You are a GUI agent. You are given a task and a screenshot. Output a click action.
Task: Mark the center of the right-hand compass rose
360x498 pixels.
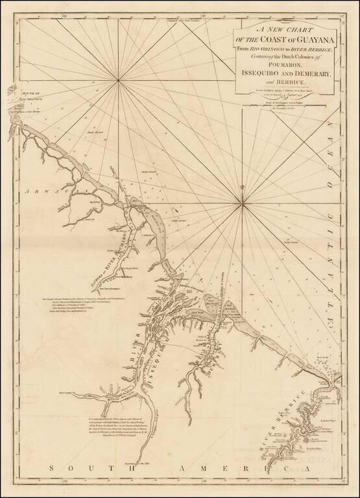click(x=243, y=207)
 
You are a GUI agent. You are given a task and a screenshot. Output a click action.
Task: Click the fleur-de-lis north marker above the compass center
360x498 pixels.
click(x=243, y=188)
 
